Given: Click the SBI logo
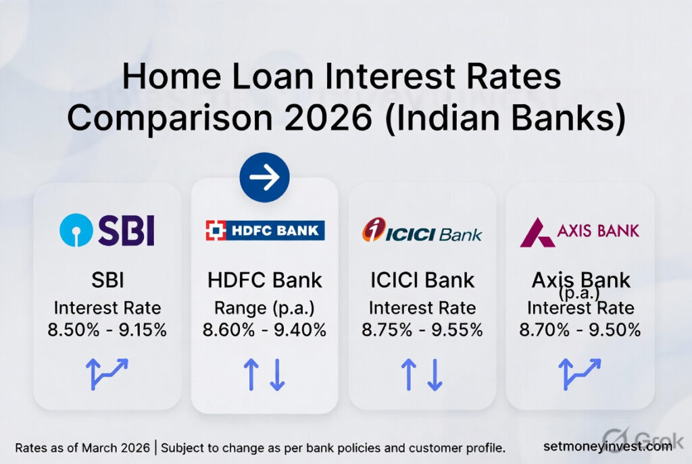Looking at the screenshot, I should click(x=107, y=230).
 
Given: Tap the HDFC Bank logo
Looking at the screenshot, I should click(x=265, y=230).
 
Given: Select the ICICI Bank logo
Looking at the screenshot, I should click(x=422, y=231).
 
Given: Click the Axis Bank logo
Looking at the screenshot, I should click(x=580, y=232).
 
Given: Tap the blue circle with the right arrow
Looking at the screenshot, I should click(x=264, y=178).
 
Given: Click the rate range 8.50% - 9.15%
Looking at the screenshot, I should click(x=107, y=330).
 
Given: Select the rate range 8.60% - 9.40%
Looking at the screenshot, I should click(x=265, y=330).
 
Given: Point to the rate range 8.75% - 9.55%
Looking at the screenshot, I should click(x=422, y=330).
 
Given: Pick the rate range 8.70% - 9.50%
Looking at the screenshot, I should click(x=580, y=330).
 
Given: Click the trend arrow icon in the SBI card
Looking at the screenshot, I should click(x=107, y=373).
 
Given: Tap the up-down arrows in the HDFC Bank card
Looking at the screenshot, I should click(x=265, y=374).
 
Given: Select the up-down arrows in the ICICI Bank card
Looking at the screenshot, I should click(x=422, y=374).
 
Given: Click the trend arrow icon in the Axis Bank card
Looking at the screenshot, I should click(x=580, y=373).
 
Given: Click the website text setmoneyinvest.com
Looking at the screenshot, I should click(x=608, y=446).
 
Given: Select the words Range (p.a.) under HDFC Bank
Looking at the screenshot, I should click(x=265, y=308).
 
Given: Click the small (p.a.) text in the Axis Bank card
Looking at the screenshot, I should click(x=580, y=294).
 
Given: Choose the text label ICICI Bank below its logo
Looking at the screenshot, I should click(x=422, y=280).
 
